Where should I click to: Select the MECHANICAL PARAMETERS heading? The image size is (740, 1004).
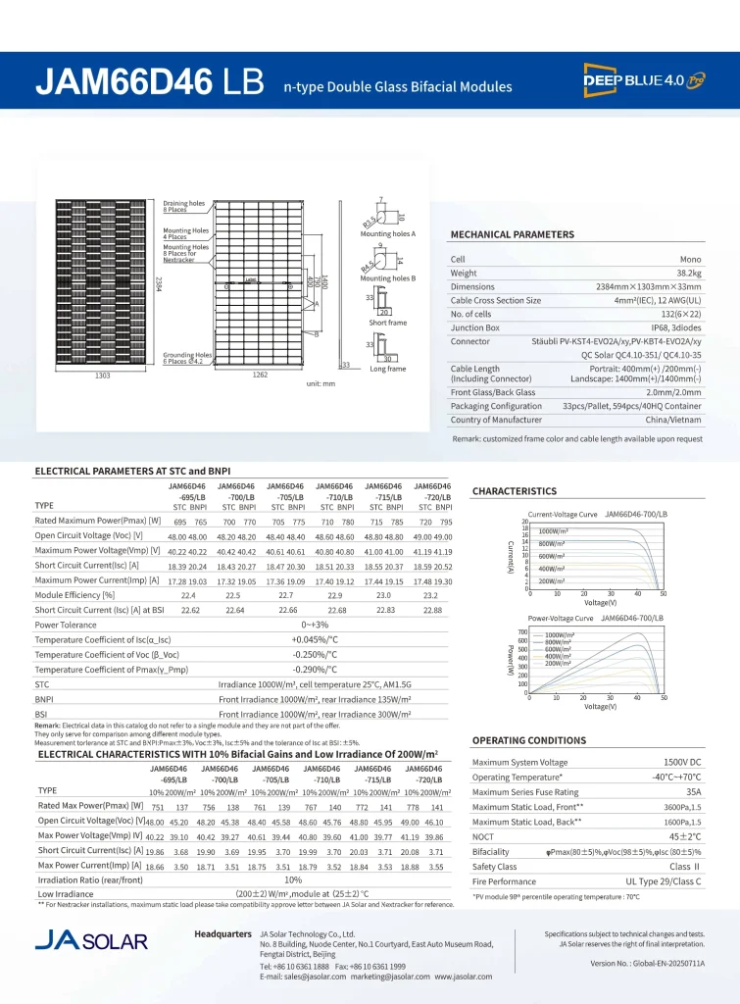512,235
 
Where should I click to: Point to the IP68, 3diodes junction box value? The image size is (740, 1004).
677,327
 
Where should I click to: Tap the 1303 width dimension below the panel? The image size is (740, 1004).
102,376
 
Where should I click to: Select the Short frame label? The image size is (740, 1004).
387,323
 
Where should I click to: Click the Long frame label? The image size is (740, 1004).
387,370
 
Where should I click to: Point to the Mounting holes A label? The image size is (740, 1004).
388,234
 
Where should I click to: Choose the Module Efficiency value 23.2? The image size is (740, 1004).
431,595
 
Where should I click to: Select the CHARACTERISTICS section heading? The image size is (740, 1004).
515,491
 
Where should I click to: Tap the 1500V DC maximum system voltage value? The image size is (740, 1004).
681,762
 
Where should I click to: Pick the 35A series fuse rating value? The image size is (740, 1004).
693,791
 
